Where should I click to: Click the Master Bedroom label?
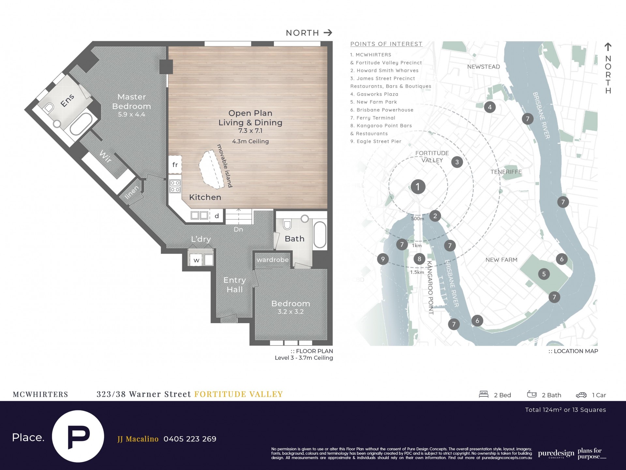[x=131, y=102]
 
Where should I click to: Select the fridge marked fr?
[x=175, y=164]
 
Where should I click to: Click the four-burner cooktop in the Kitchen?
[x=175, y=186]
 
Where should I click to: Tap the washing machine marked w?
[x=196, y=260]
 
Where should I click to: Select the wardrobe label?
[x=273, y=260]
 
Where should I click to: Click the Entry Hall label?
[x=235, y=285]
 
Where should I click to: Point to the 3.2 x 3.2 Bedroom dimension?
[x=291, y=312]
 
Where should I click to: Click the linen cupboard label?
[x=132, y=192]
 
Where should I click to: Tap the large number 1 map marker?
[x=418, y=187]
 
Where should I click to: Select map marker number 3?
[x=457, y=162]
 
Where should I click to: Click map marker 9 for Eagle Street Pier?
[x=383, y=259]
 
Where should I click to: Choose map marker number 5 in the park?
[x=544, y=274]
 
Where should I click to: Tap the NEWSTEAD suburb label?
[x=484, y=67]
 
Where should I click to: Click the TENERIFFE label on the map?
[x=506, y=172]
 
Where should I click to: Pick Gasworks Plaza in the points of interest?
[x=374, y=94]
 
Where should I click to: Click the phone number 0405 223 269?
[x=190, y=439]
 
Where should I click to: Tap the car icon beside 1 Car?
[x=581, y=395]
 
